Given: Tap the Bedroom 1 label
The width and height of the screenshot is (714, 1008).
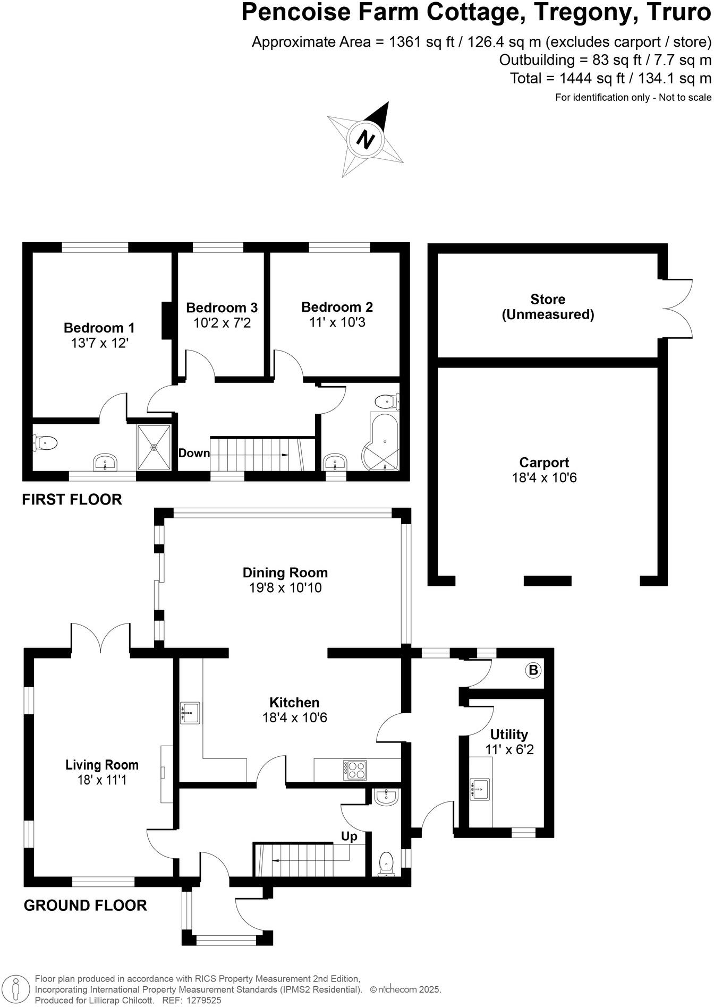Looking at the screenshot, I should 99,328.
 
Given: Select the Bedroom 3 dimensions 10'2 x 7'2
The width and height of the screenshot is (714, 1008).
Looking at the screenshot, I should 222,322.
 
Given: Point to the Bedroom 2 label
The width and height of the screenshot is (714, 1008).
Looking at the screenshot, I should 337,307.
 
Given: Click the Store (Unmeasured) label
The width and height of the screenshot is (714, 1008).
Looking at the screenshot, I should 548,307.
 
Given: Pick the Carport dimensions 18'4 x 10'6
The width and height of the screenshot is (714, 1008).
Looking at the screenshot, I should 544,477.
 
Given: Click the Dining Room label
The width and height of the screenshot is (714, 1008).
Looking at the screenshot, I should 285,573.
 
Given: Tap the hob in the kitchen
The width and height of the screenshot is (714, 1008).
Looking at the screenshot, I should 355,770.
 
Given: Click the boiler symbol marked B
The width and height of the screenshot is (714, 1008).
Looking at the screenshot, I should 533,670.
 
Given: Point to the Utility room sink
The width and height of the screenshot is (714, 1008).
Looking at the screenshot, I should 480,789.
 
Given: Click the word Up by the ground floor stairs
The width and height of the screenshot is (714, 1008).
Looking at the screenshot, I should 349,836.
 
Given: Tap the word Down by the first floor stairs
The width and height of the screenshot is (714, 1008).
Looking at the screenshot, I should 194,453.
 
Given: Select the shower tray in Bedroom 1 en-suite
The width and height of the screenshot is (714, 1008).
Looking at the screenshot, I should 154,447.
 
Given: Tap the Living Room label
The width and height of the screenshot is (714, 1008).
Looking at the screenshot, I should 102,765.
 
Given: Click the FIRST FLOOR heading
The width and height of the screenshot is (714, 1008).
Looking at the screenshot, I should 72,499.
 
